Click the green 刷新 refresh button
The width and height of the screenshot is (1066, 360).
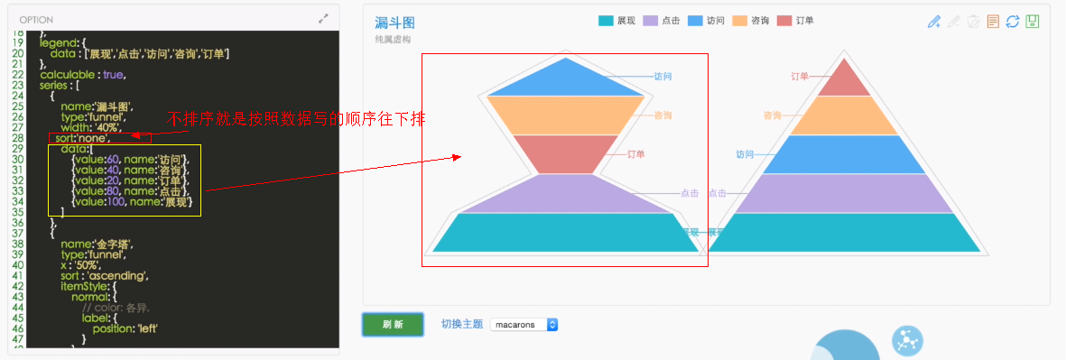click(393, 324)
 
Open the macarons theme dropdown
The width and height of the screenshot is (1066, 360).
click(524, 325)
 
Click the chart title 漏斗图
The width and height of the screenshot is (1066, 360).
click(394, 23)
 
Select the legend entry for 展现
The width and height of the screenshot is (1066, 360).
click(617, 21)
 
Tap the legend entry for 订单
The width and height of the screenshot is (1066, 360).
click(795, 21)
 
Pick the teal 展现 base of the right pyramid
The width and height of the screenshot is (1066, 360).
click(844, 232)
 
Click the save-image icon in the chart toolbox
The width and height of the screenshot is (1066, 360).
click(1033, 22)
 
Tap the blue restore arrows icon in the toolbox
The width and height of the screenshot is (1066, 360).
click(1013, 22)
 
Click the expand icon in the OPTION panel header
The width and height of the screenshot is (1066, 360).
click(323, 18)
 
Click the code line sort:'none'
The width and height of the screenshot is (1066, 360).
click(82, 138)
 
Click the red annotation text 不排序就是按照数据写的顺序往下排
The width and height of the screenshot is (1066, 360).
click(297, 119)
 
